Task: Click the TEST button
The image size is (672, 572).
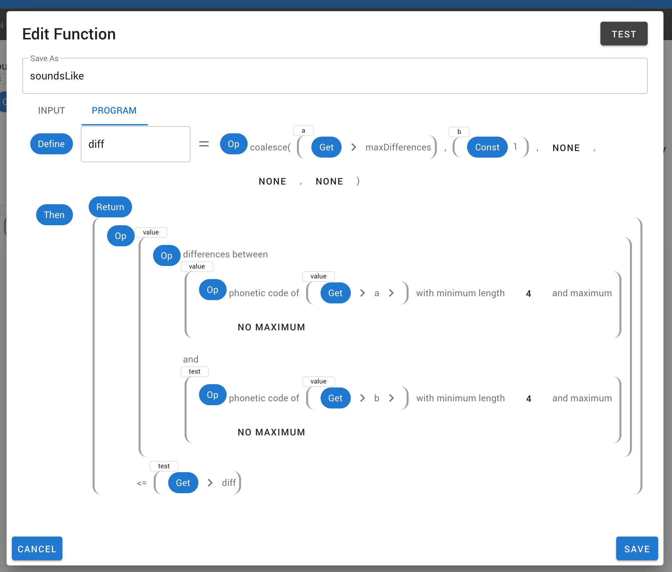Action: pyautogui.click(x=623, y=34)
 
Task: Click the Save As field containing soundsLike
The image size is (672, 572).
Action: pyautogui.click(x=334, y=76)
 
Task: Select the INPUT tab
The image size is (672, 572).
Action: pyautogui.click(x=52, y=111)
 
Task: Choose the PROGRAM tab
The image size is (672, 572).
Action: pyautogui.click(x=114, y=111)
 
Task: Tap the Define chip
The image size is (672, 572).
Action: pyautogui.click(x=51, y=144)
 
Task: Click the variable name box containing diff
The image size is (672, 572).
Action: pyautogui.click(x=135, y=144)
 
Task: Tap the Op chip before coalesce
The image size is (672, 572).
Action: pyautogui.click(x=233, y=144)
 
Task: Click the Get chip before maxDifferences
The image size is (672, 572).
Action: pyautogui.click(x=326, y=147)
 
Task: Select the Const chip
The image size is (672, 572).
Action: pyautogui.click(x=487, y=147)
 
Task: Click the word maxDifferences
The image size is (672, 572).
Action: pyautogui.click(x=398, y=147)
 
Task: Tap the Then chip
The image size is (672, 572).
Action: pyautogui.click(x=54, y=215)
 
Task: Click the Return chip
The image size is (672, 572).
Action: pyautogui.click(x=110, y=207)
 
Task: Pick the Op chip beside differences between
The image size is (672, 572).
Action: pyautogui.click(x=167, y=255)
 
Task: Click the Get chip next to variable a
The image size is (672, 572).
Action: pyautogui.click(x=335, y=293)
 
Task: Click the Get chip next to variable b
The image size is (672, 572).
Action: pyautogui.click(x=335, y=398)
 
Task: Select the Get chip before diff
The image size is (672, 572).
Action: pyautogui.click(x=183, y=483)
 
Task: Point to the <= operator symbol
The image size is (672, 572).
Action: pyautogui.click(x=142, y=483)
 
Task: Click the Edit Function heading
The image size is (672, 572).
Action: pyautogui.click(x=69, y=34)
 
